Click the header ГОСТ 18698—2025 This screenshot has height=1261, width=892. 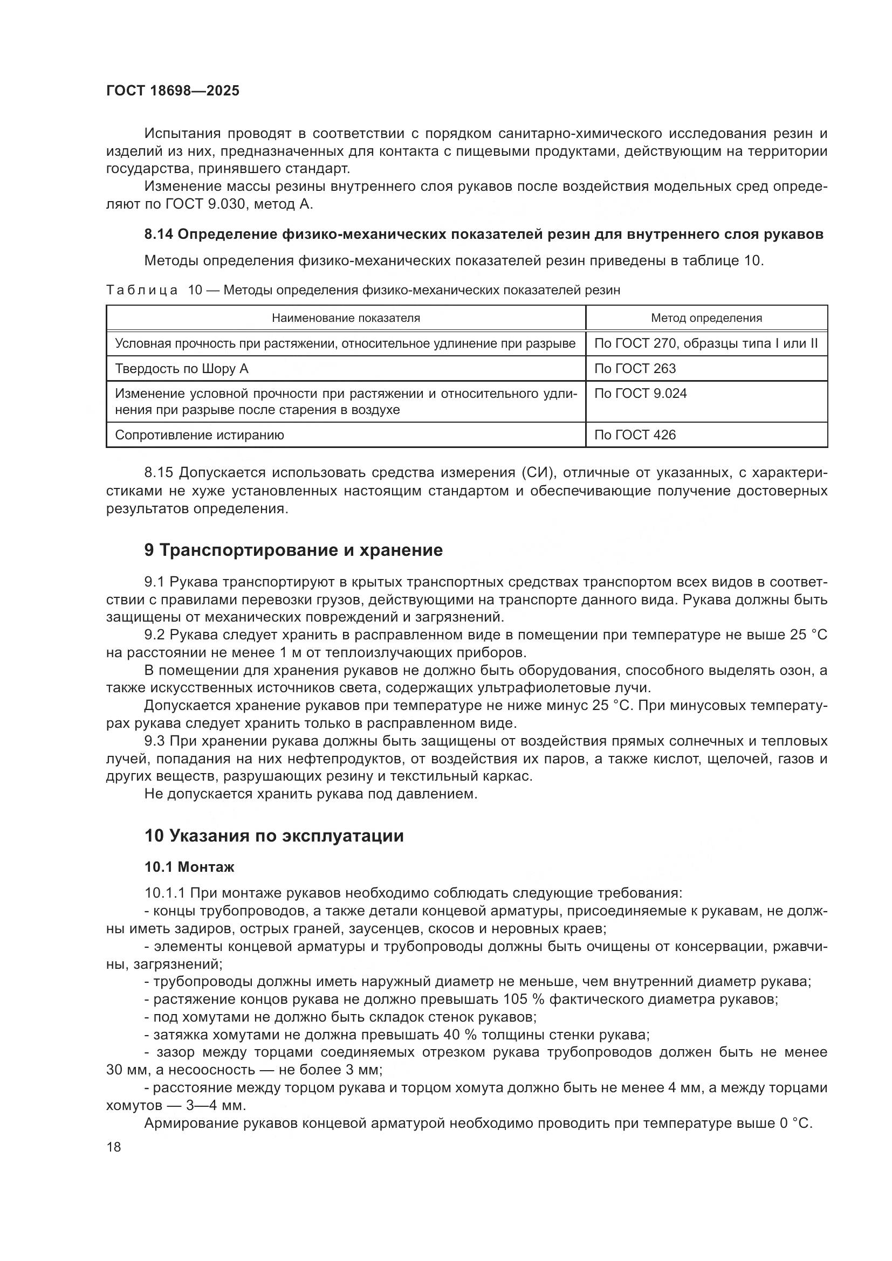(173, 91)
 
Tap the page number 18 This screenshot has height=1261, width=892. (114, 1147)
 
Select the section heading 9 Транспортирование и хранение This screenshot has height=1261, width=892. (293, 550)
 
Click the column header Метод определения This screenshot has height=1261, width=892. (706, 318)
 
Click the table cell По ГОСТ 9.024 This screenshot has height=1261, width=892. (640, 394)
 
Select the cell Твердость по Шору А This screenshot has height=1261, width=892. (181, 369)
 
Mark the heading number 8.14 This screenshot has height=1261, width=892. (159, 235)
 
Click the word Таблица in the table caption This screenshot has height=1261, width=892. (142, 290)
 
